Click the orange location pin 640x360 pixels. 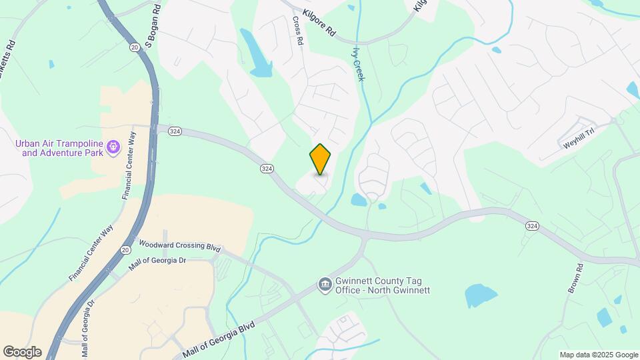point(321,159)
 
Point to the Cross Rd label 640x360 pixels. point(298,31)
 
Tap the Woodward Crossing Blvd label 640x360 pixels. point(179,245)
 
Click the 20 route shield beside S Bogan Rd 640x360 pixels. point(135,47)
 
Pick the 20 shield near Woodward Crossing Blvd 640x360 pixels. point(125,249)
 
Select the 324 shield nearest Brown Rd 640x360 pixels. point(531,227)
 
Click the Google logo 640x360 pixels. point(22,352)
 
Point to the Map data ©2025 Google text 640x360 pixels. point(598,355)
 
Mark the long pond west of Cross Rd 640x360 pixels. point(256,54)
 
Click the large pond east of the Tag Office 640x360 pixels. point(480,295)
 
